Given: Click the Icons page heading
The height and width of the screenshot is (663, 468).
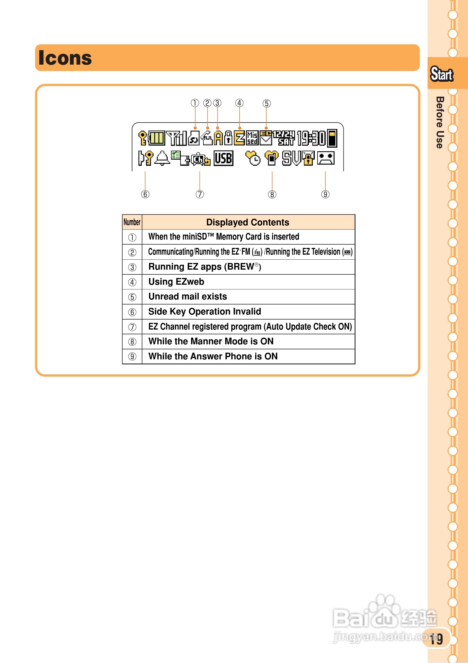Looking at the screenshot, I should pos(65,58).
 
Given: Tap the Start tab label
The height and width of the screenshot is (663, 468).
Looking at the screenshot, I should pos(442,74).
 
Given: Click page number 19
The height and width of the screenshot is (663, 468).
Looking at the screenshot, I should pos(436,639).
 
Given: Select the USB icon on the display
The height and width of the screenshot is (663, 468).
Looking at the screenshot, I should pos(223,158).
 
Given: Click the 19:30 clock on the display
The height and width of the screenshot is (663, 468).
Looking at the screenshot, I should pos(311,138).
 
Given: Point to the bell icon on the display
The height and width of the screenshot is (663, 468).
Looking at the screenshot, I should pos(162,158).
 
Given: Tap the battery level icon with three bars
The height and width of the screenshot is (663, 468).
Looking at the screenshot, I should pos(157,138).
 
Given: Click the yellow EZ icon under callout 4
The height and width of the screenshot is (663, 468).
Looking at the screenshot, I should pos(239,138).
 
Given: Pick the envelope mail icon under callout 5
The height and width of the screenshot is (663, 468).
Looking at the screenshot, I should pos(265,138).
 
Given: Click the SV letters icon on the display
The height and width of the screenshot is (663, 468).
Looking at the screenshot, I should pos(291,158).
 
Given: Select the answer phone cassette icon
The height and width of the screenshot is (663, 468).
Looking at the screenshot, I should pos(326,158).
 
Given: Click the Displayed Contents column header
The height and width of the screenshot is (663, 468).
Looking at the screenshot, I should pos(248,222).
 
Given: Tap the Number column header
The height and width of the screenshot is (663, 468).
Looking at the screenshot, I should pos(132,222).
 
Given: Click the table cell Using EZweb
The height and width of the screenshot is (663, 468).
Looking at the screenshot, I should pos(176,282).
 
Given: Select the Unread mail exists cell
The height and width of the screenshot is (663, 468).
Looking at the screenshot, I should pos(188,297).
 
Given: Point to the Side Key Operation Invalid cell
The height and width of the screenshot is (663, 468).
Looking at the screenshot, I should pos(205,311).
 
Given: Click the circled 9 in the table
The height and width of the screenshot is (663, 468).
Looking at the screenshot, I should pos(132,356).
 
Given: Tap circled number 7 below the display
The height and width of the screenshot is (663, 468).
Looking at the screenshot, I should pos(199,194).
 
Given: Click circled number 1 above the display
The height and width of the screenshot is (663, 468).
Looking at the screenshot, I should pos(195,103).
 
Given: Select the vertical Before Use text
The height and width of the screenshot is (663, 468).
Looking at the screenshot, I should pos(440,123).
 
